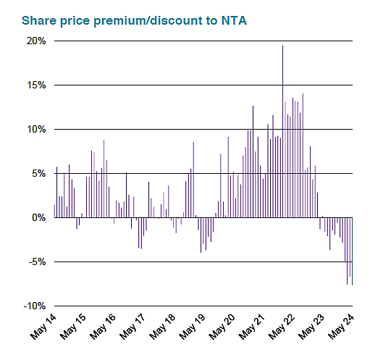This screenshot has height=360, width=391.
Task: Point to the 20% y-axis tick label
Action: point(37,41)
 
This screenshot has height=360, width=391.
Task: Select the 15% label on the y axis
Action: point(37,85)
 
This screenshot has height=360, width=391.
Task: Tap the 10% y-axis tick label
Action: point(37,130)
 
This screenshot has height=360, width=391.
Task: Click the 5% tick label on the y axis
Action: point(39,174)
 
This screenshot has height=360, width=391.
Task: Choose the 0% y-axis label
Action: point(39,217)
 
